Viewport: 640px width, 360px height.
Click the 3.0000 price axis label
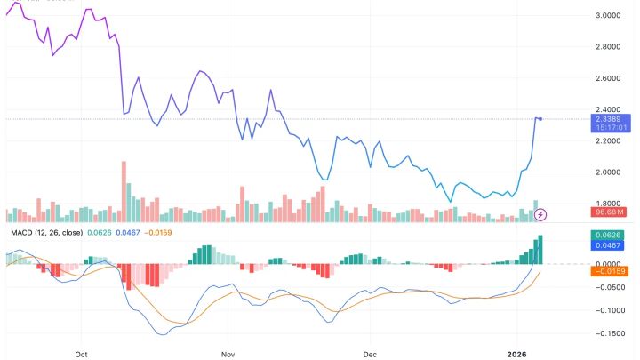pos(583,15)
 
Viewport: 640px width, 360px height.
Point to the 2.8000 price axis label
pos(583,46)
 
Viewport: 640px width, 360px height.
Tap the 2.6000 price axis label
pos(583,78)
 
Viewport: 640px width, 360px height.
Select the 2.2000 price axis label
pos(583,140)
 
